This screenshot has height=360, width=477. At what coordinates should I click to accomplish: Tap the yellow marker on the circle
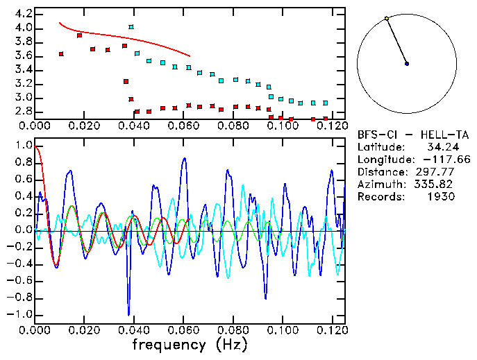click(x=387, y=18)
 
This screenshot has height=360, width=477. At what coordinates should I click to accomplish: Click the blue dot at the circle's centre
click(x=407, y=64)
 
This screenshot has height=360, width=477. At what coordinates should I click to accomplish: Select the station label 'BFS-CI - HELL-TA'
click(x=406, y=135)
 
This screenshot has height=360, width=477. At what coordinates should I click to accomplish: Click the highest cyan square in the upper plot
click(x=131, y=27)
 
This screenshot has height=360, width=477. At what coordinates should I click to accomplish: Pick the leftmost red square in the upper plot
click(x=61, y=54)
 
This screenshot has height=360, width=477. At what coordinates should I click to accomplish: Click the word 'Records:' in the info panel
click(x=380, y=197)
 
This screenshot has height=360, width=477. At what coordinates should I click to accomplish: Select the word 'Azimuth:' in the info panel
click(x=380, y=185)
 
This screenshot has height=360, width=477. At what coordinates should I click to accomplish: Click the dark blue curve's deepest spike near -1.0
click(x=128, y=314)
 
